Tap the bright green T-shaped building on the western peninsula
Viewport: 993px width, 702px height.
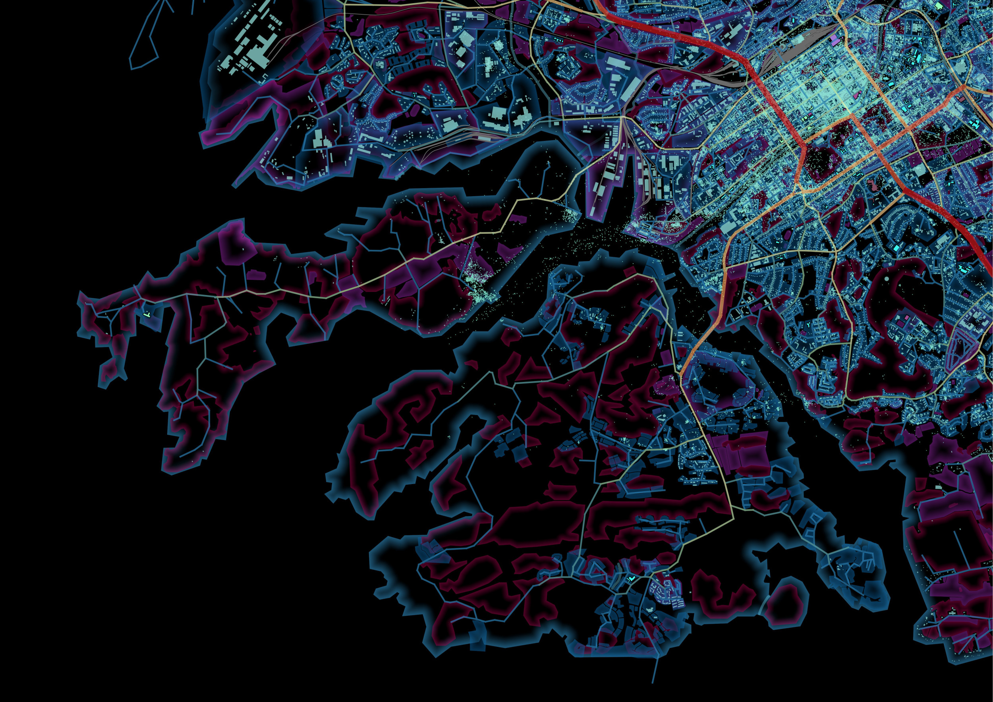[x=147, y=315]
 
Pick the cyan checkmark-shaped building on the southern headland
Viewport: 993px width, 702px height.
[x=632, y=578]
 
